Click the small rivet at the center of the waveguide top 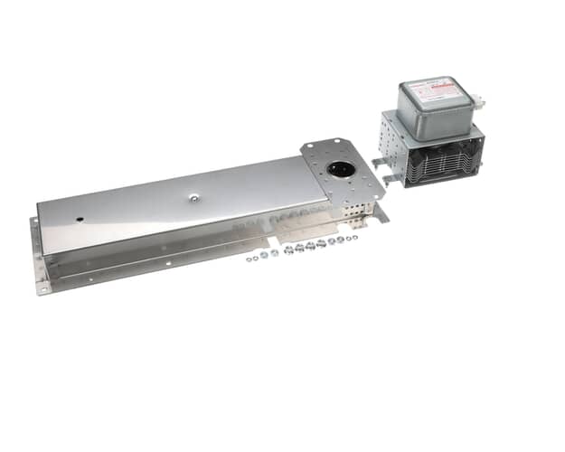[x=194, y=193]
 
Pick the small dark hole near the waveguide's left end [x=80, y=219]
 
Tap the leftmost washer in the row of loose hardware [x=249, y=259]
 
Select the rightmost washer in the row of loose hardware [x=353, y=237]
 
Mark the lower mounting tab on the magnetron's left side [x=391, y=179]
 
